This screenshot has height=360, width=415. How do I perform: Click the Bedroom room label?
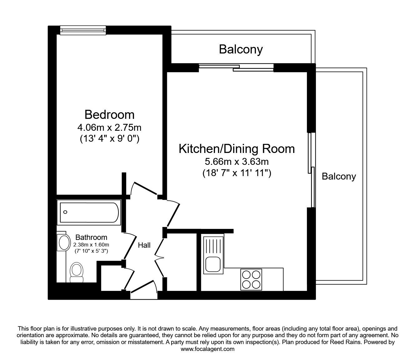coord(109,114)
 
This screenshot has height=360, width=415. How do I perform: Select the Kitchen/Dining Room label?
coord(237,149)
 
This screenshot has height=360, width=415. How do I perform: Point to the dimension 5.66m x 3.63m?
coord(237,162)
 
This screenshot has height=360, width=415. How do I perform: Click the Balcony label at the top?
coord(241,49)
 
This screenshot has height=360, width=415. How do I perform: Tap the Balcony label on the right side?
coord(339,176)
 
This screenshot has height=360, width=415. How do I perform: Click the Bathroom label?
coord(91,237)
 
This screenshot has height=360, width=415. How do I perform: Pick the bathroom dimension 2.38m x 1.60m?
coord(91,245)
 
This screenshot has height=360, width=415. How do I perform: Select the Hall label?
coord(144,245)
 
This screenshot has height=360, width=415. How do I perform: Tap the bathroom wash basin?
coord(64,242)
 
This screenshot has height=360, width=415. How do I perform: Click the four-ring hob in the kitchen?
coord(251,279)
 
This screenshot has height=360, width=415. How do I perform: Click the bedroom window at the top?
coord(83,30)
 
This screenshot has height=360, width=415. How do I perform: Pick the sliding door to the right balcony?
coord(311,170)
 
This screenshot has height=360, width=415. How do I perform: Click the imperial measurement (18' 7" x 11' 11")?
coord(237,173)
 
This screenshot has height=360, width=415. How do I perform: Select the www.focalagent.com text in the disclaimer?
coord(207,349)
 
